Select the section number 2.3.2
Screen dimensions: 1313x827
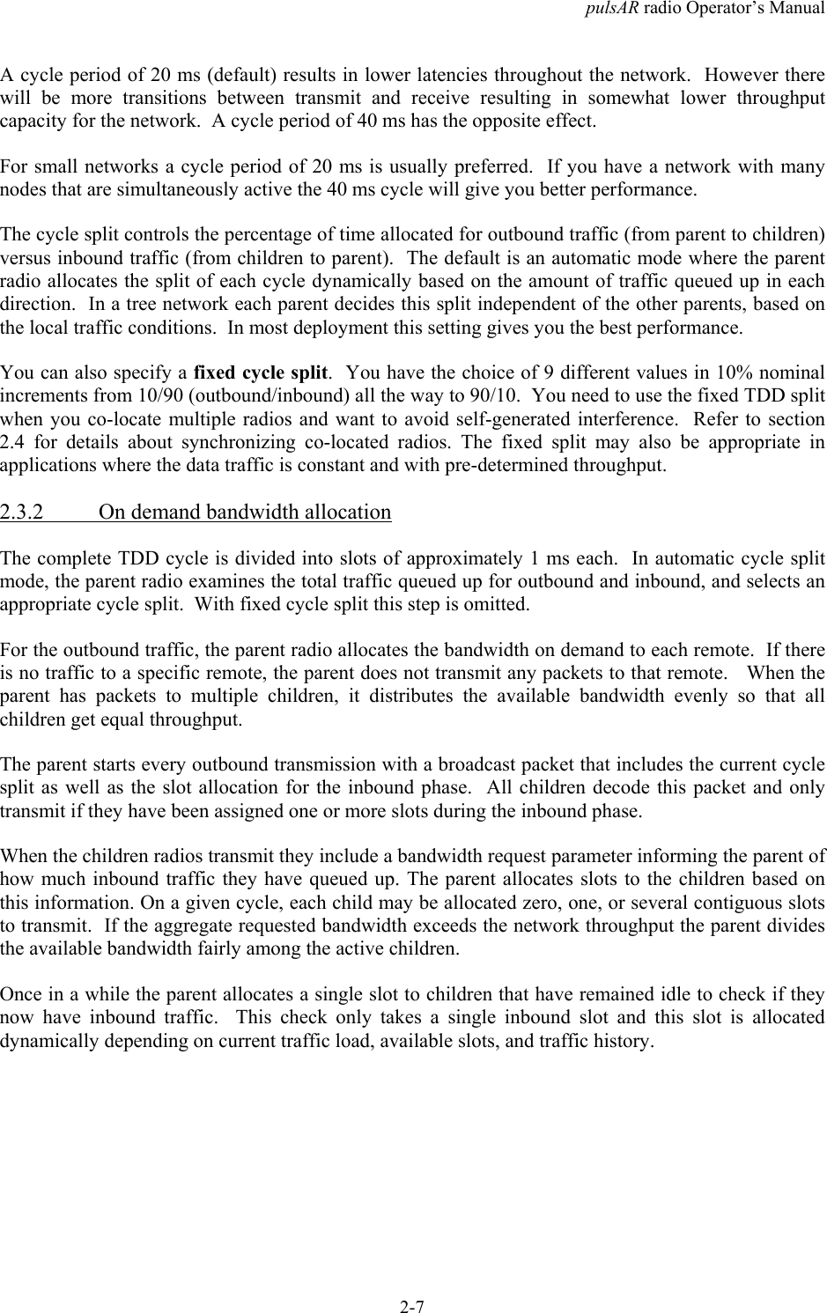[27, 512]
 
